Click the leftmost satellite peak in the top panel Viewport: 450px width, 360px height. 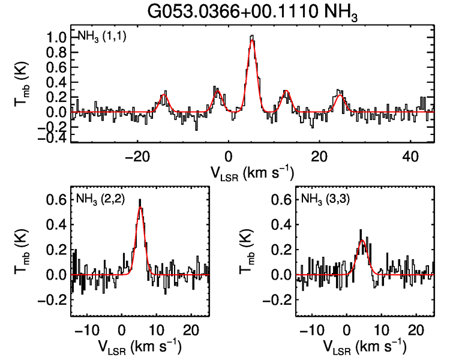[164, 94]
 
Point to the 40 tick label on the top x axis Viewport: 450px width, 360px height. [410, 157]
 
